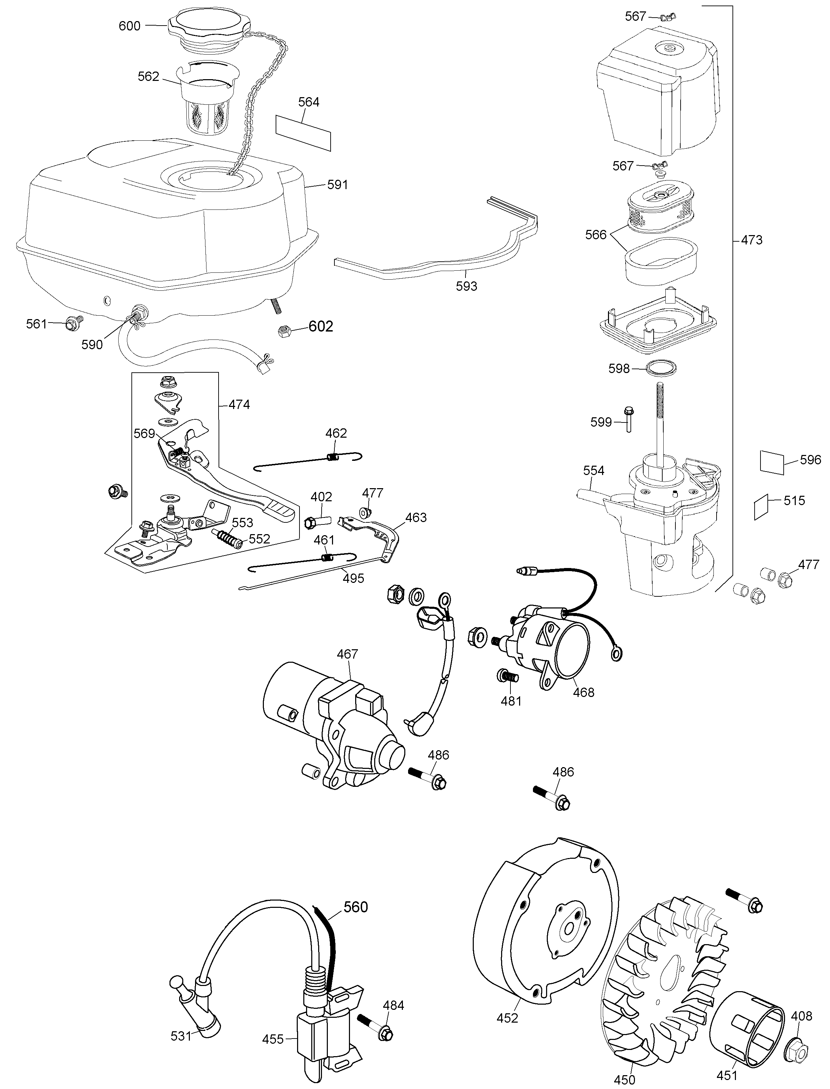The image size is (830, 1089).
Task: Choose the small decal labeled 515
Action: point(761,507)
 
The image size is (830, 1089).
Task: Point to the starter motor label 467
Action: point(347,654)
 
